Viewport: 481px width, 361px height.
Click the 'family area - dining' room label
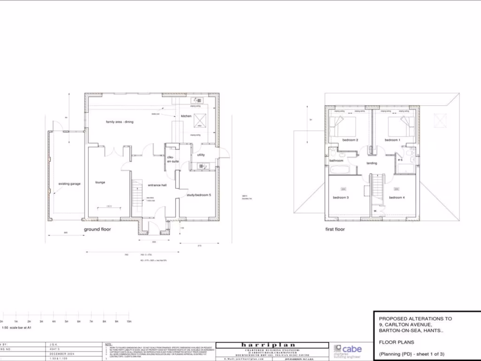coord(119,122)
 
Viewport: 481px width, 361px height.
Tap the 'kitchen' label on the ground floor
coord(186,116)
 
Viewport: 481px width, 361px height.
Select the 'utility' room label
coord(201,155)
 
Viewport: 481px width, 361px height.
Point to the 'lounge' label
coord(100,182)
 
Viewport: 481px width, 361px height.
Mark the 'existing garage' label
coord(69,184)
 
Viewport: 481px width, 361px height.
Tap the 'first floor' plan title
coord(335,229)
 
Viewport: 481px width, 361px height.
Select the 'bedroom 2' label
coord(350,140)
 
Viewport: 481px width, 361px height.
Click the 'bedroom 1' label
coord(392,140)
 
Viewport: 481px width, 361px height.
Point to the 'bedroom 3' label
coord(341,197)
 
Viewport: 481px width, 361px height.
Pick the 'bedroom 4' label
coord(396,197)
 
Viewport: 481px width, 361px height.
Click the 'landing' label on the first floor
coord(372,163)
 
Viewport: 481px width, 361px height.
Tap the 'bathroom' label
coord(336,160)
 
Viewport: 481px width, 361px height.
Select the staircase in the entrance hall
coord(137,190)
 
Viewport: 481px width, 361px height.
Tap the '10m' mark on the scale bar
coord(129,322)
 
